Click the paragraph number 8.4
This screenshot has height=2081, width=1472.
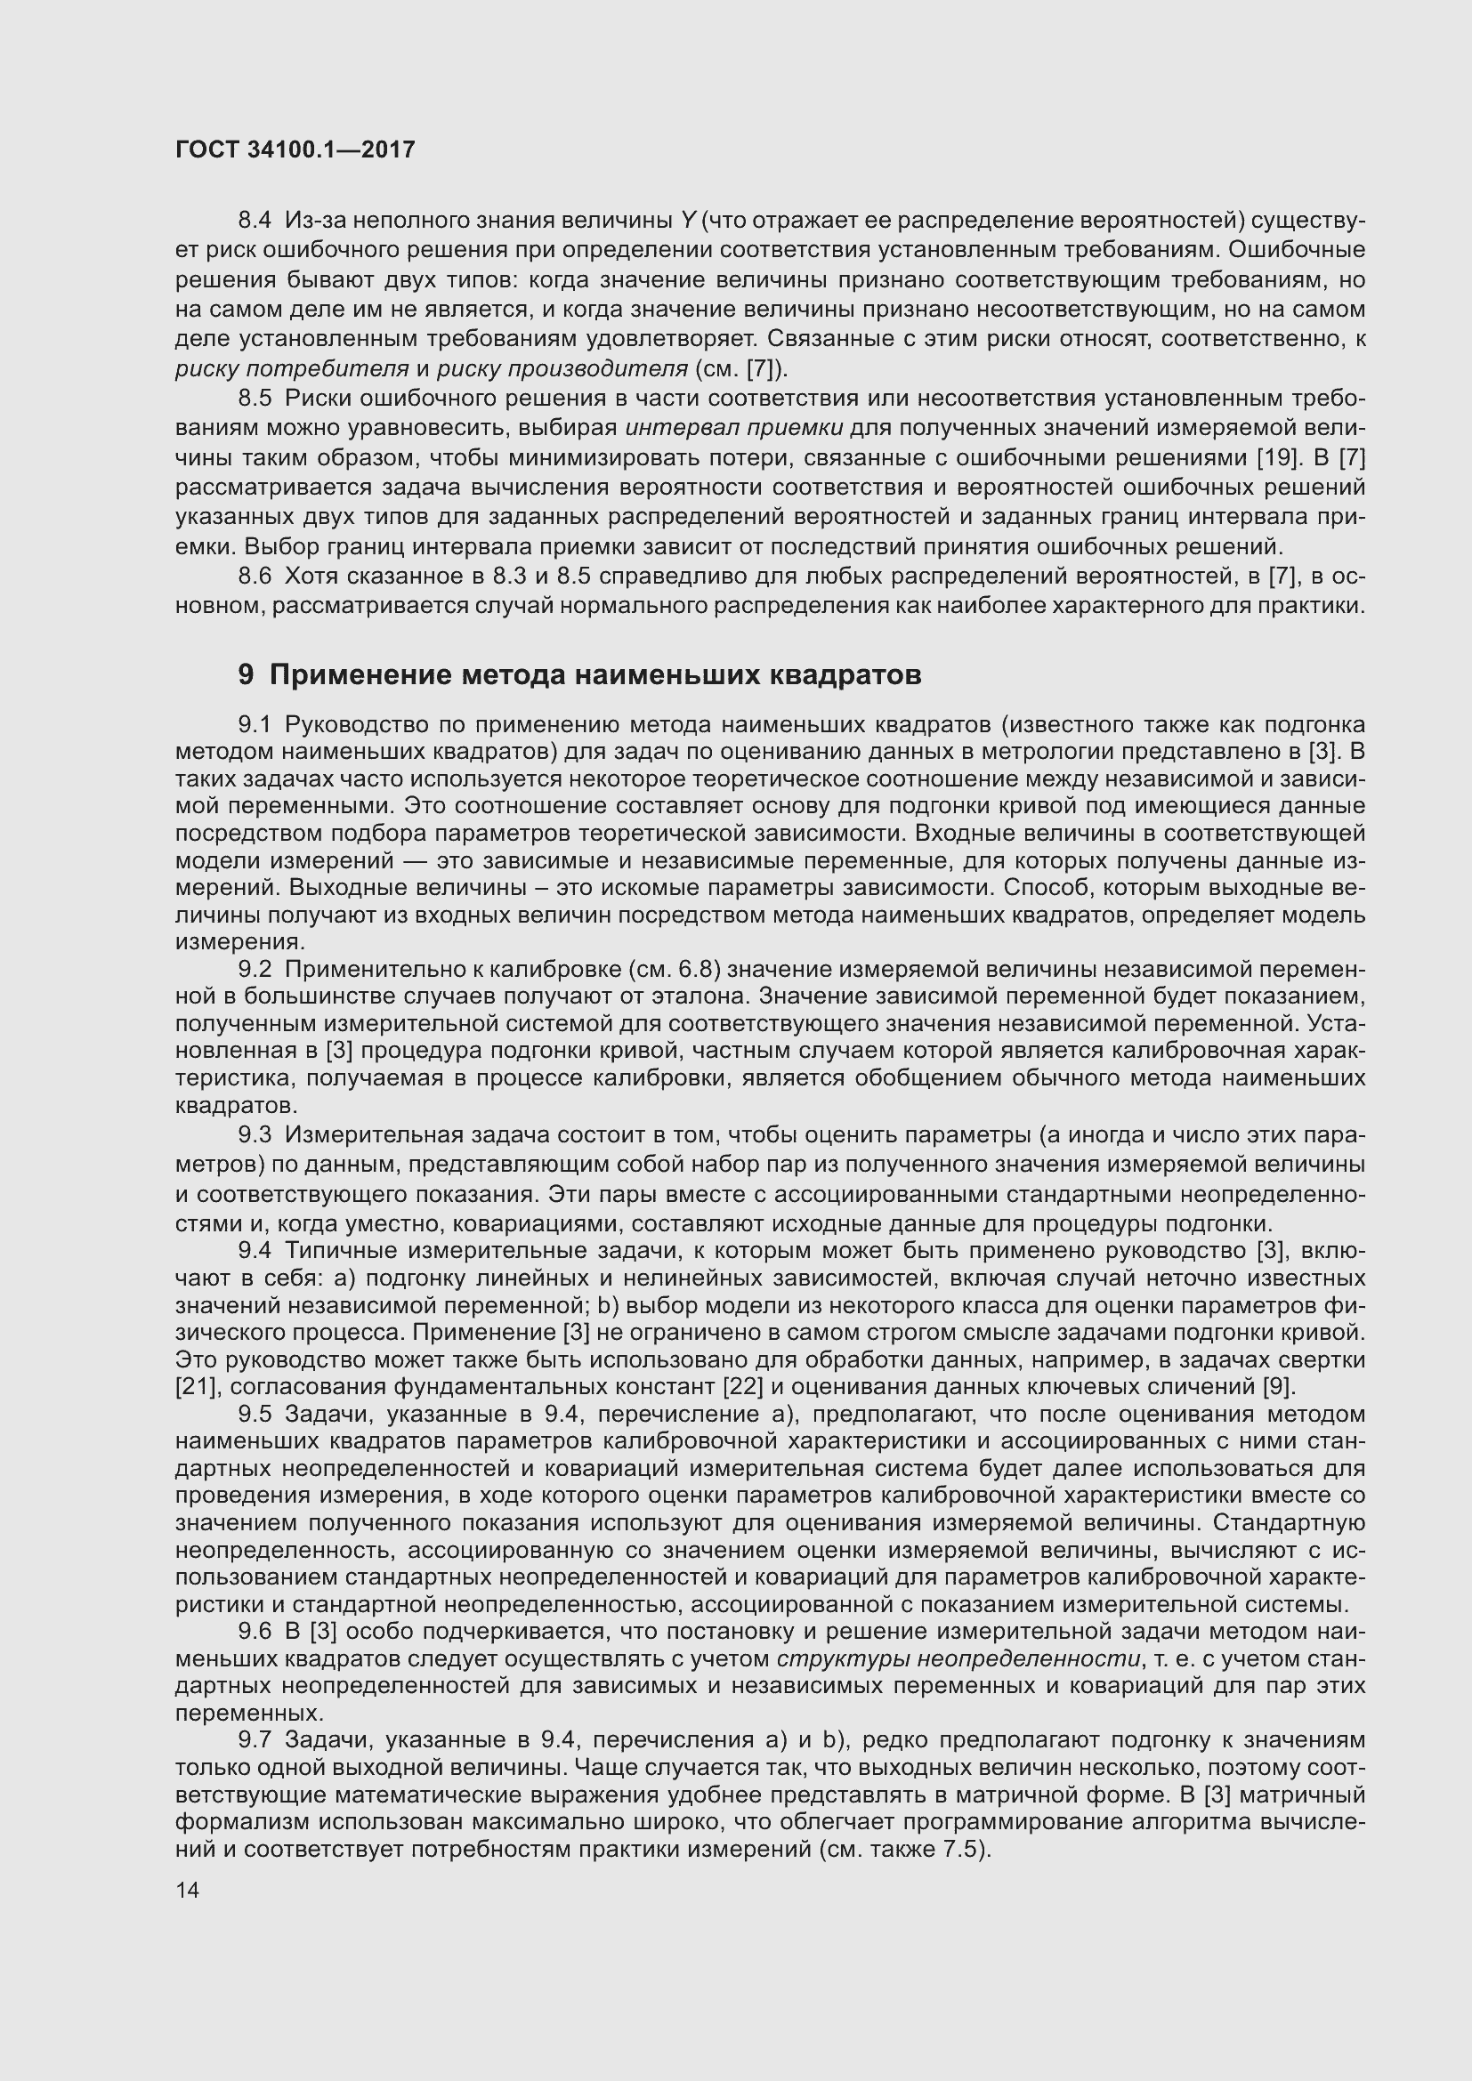coord(255,220)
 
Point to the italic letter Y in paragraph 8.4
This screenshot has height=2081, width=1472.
coord(688,220)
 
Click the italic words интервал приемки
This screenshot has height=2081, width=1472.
coord(735,428)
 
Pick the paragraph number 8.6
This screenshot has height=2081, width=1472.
coord(255,577)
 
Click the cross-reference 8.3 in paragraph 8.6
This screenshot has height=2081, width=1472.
coord(498,577)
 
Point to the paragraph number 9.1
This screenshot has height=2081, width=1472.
coord(255,724)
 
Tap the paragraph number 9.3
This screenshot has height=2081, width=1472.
coord(255,1134)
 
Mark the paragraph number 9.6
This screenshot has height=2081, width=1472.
coord(255,1632)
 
